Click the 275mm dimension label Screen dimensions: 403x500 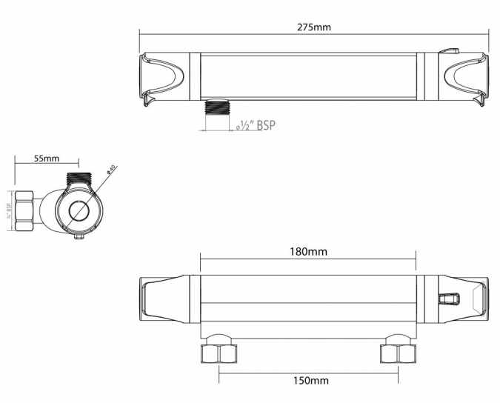pyautogui.click(x=314, y=27)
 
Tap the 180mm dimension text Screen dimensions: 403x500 pyautogui.click(x=308, y=251)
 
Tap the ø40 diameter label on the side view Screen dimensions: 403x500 pyautogui.click(x=110, y=170)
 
